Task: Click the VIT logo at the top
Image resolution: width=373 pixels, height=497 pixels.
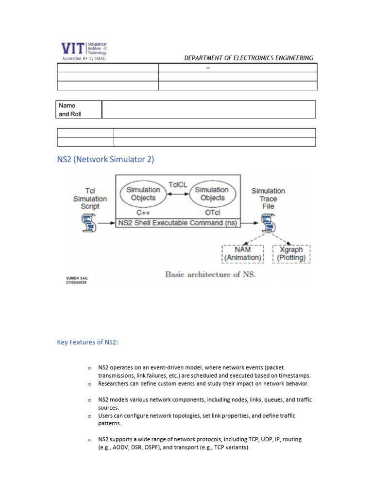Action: pyautogui.click(x=83, y=50)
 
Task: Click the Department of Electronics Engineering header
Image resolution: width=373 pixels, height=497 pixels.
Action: pyautogui.click(x=248, y=58)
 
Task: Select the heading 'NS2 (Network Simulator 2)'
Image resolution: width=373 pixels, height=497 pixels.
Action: pyautogui.click(x=105, y=159)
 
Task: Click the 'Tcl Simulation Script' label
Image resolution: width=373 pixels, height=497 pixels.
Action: pyautogui.click(x=90, y=199)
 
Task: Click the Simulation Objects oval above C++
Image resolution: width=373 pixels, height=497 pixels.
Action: pyautogui.click(x=143, y=194)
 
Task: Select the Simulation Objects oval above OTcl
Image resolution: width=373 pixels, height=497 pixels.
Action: pyautogui.click(x=212, y=194)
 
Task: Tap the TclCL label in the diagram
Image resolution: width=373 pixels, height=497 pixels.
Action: pyautogui.click(x=178, y=184)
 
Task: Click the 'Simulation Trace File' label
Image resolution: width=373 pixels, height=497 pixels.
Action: pyautogui.click(x=268, y=199)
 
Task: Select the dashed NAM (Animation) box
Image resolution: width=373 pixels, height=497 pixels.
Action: pyautogui.click(x=242, y=254)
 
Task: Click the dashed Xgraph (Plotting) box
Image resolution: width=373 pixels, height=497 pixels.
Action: pyautogui.click(x=291, y=254)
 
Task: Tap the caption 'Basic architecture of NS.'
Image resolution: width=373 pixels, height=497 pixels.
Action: pyautogui.click(x=210, y=274)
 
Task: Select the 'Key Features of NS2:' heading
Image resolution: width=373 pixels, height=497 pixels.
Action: pyautogui.click(x=87, y=343)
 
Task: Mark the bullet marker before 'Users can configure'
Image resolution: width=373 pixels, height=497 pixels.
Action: pyautogui.click(x=89, y=416)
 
